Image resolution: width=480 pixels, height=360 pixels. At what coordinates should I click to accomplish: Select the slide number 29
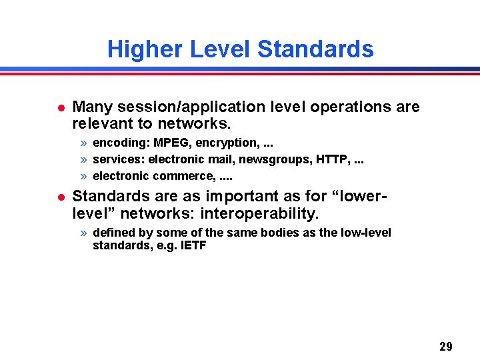click(446, 346)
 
